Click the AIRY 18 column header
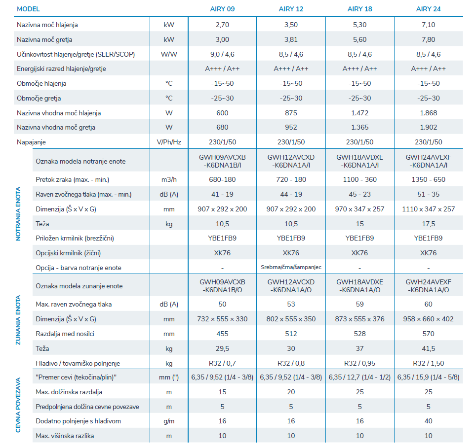(x=360, y=9)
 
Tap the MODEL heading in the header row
(x=28, y=9)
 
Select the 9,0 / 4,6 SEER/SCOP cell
(x=222, y=55)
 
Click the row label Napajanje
(x=31, y=142)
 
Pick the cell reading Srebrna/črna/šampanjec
(x=291, y=267)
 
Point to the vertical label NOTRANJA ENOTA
(x=18, y=214)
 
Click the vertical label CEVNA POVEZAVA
(x=18, y=405)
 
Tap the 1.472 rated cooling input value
(x=360, y=113)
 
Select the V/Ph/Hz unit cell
(x=169, y=142)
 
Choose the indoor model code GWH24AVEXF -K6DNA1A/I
(x=428, y=161)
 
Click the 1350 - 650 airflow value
(x=428, y=179)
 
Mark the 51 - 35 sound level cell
(x=428, y=194)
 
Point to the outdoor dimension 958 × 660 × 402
(x=428, y=319)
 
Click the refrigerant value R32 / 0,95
(x=360, y=363)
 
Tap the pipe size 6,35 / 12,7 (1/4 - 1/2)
(x=360, y=378)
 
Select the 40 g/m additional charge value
(x=428, y=421)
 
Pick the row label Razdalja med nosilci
(x=65, y=334)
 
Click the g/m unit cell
(x=169, y=421)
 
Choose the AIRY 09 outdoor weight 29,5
(x=222, y=349)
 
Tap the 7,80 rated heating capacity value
(x=428, y=40)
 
